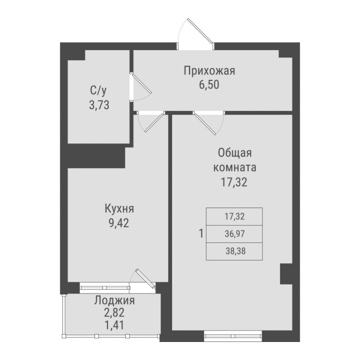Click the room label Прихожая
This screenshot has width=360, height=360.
209,71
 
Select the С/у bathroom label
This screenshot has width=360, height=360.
98,89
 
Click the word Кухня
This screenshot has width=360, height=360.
119,209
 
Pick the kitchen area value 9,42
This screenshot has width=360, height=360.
119,222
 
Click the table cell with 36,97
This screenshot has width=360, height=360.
235,233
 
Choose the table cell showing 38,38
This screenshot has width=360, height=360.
235,250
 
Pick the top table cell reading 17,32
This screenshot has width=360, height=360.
235,215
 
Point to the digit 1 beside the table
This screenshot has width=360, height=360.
200,233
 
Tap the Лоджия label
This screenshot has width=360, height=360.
114,300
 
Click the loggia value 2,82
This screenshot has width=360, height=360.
114,312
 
